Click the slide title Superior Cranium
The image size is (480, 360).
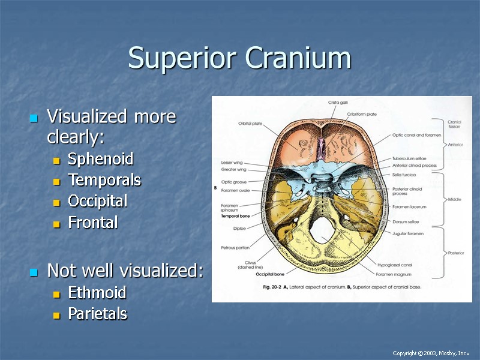[x=239, y=58]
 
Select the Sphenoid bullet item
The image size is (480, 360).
[x=100, y=159]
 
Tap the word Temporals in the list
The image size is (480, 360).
[x=104, y=180]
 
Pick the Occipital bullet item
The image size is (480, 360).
[x=97, y=201]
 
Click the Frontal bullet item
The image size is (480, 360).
[x=93, y=223]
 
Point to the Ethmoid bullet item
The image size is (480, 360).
[x=97, y=293]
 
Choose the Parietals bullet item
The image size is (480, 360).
[x=98, y=314]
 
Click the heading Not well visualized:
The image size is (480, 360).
[x=125, y=271]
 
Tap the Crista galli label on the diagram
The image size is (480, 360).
[x=338, y=103]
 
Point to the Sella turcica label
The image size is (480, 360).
[x=404, y=175]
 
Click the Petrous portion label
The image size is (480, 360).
[x=235, y=247]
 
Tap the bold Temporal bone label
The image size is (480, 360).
[x=236, y=215]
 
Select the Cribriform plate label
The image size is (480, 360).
[x=362, y=114]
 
